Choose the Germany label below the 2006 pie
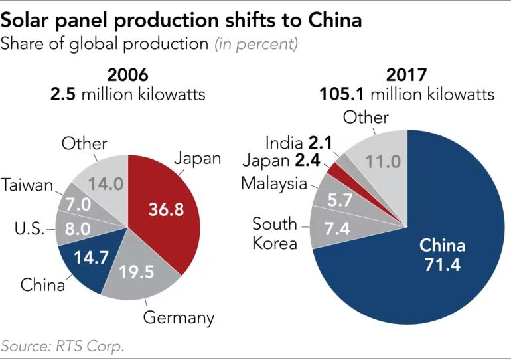tap(179, 317)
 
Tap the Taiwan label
tap(27, 185)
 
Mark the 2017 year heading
tap(407, 74)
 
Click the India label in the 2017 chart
tap(285, 142)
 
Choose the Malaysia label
tap(273, 183)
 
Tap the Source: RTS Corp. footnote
tap(63, 346)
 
